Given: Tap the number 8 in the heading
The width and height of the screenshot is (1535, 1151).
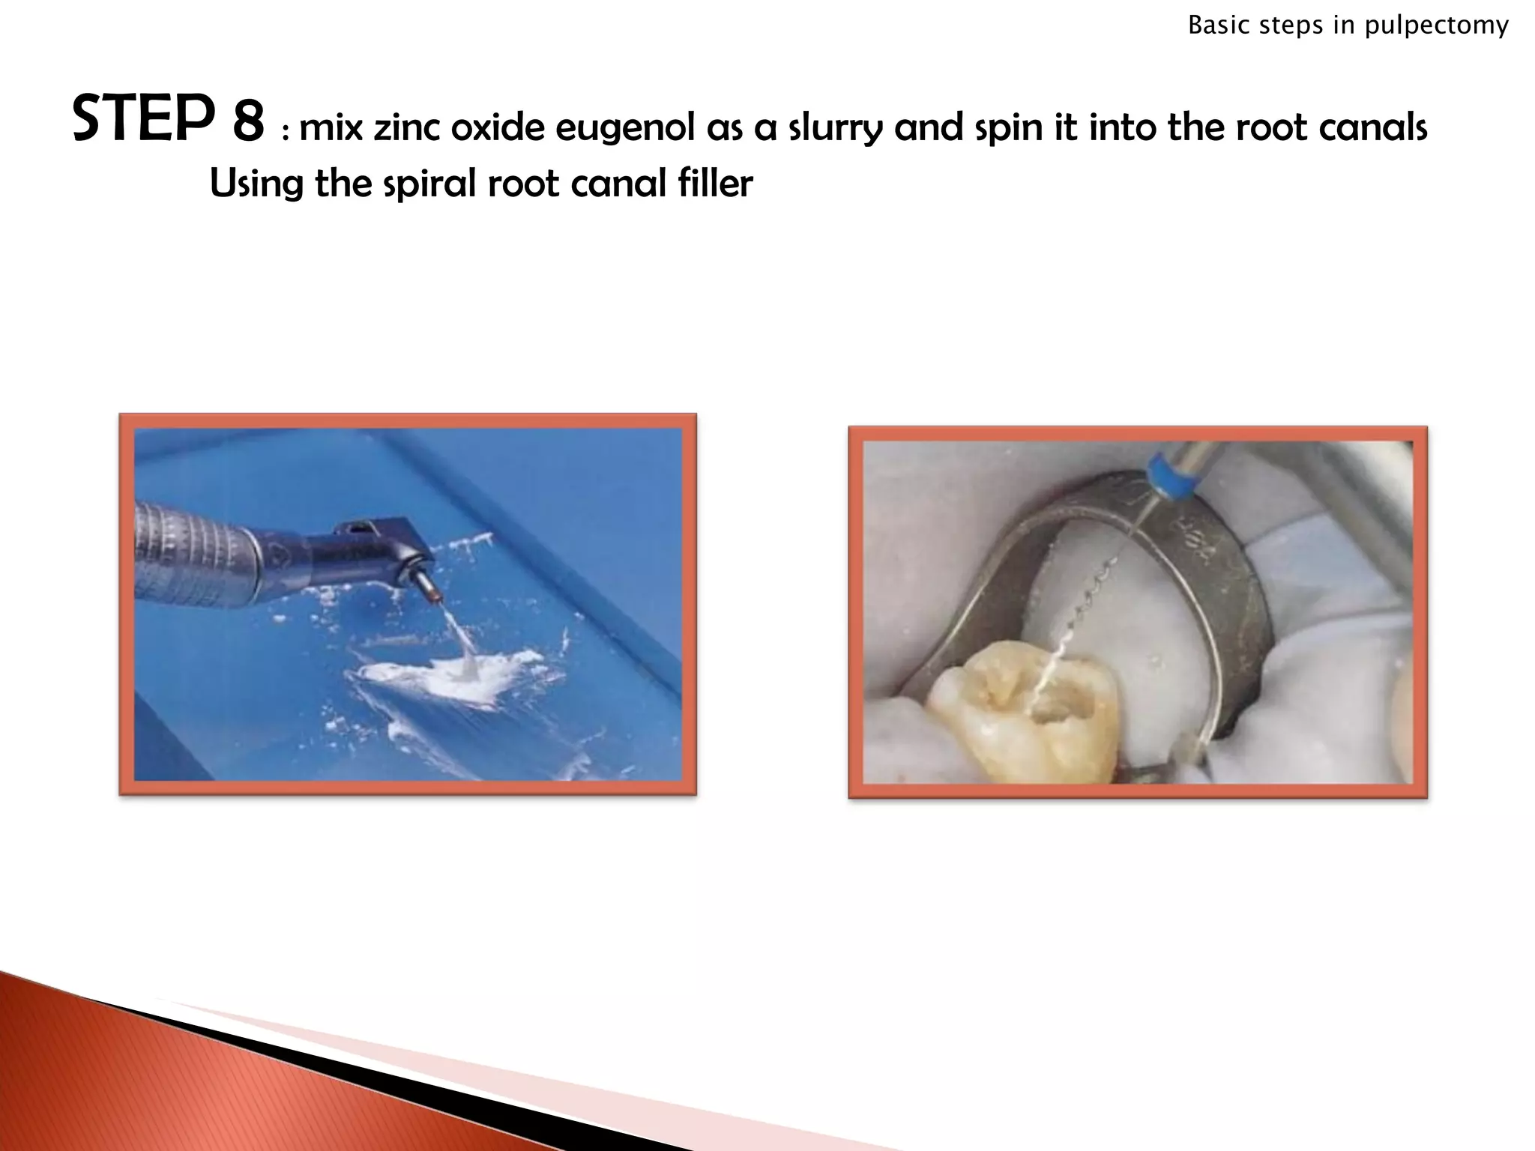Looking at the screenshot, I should point(248,122).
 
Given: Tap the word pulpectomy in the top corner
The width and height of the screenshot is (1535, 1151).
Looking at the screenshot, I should point(1436,26).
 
